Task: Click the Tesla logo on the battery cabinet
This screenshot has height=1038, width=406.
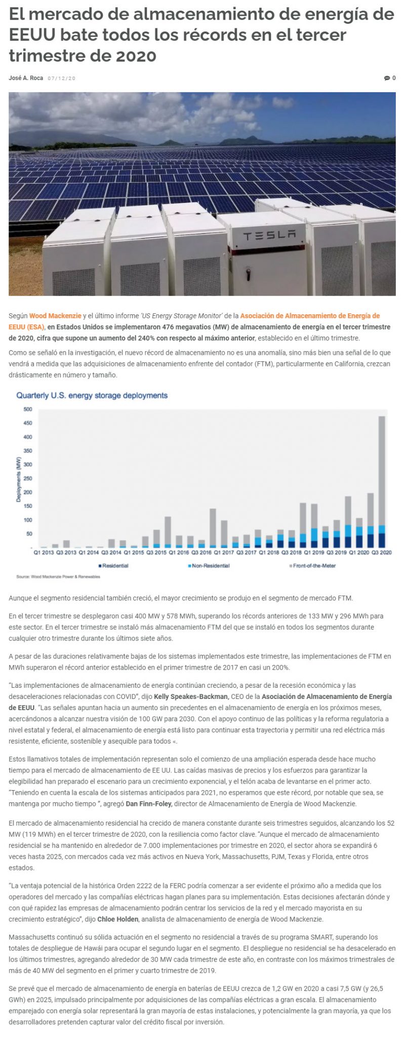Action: pos(269,235)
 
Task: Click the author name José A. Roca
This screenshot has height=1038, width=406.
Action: pos(26,78)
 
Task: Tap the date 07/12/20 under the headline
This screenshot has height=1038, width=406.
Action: pos(62,78)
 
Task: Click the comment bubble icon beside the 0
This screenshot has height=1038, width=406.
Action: pos(387,78)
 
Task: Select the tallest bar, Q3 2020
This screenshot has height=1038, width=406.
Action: pos(382,481)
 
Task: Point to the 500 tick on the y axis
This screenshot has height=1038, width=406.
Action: pos(27,409)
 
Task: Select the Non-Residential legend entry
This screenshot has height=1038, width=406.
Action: pos(209,566)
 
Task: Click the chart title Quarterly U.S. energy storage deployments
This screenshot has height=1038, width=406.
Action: pos(92,395)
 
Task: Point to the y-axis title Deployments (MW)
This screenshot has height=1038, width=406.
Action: pos(18,479)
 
